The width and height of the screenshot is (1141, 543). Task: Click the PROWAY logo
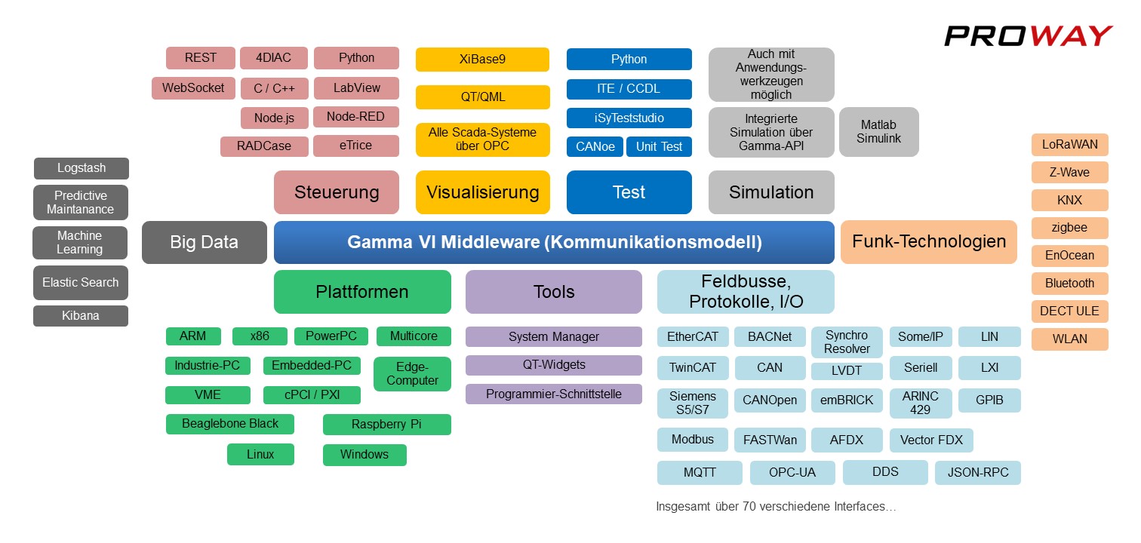(x=1028, y=35)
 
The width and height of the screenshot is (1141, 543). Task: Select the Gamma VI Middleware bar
(x=554, y=242)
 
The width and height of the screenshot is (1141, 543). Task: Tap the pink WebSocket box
(x=193, y=88)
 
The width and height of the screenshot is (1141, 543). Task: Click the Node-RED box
(x=355, y=117)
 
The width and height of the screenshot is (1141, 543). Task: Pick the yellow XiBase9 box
(x=482, y=60)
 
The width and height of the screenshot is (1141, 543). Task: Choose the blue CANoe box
(x=595, y=147)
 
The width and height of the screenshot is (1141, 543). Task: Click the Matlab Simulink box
(x=879, y=132)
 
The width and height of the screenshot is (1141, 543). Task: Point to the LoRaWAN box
(x=1069, y=145)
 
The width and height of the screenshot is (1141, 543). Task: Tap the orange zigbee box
(x=1069, y=228)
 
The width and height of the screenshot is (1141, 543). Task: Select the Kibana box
(x=81, y=316)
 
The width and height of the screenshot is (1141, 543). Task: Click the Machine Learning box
(x=80, y=243)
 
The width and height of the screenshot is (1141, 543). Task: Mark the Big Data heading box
(x=204, y=242)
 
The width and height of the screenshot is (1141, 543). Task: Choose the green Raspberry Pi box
(x=386, y=425)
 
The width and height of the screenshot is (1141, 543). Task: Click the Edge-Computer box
(x=412, y=373)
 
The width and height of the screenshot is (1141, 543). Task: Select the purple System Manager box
(x=553, y=337)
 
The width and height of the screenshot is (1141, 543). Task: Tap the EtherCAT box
(x=693, y=337)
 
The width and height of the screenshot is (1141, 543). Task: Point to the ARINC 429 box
(x=920, y=403)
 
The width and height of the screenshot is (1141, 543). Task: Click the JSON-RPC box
(x=978, y=473)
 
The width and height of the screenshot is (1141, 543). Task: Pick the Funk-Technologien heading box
(x=929, y=242)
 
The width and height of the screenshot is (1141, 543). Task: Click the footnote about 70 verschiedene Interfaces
(x=777, y=507)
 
